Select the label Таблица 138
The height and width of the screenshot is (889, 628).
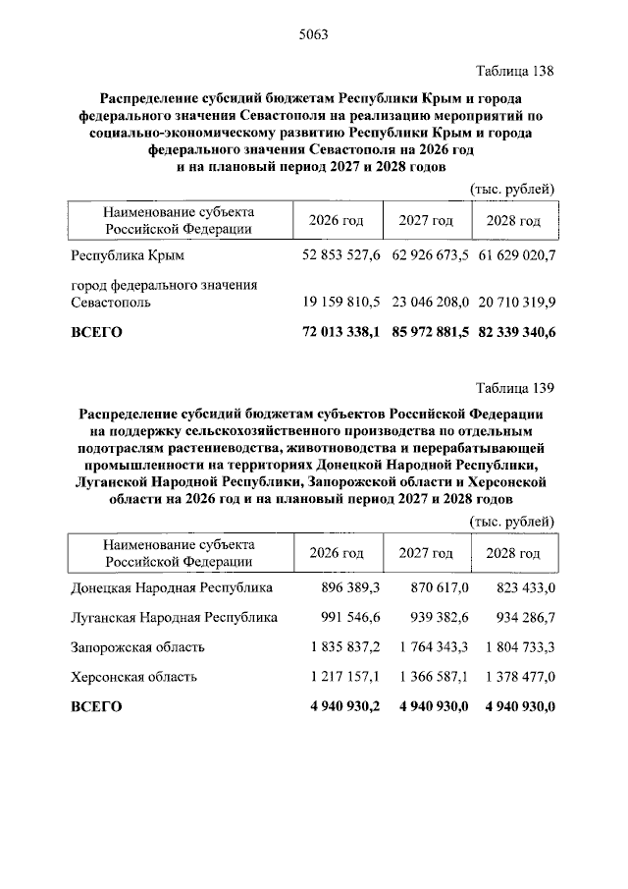515,72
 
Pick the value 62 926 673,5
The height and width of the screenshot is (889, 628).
430,256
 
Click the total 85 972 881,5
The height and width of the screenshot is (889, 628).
430,333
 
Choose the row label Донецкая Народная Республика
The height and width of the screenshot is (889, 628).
172,587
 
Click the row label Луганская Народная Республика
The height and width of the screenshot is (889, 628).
174,617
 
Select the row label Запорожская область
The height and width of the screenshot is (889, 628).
137,646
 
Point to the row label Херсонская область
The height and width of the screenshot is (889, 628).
134,676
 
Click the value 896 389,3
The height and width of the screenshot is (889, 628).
350,587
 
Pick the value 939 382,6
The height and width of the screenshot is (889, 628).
437,617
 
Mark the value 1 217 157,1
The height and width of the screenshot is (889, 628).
343,676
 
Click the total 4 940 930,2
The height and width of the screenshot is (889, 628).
343,705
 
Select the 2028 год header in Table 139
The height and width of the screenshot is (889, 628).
514,552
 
